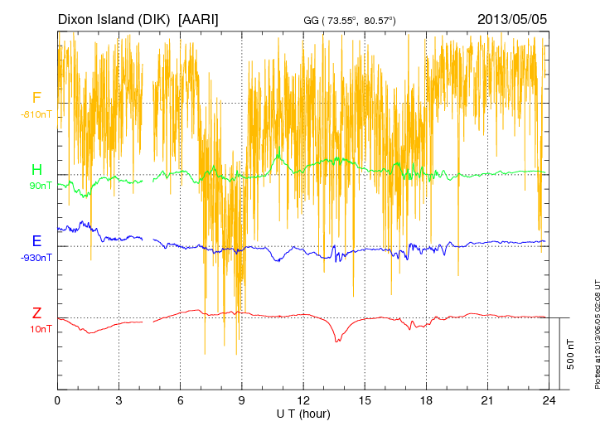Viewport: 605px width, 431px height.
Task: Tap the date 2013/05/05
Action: click(x=512, y=18)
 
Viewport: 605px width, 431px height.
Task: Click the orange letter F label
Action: click(x=36, y=99)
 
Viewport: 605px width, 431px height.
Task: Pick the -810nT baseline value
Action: click(x=37, y=114)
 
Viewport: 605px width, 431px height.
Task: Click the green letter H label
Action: click(x=36, y=170)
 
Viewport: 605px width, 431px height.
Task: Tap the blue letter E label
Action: click(x=36, y=241)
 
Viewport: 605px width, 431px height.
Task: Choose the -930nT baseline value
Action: click(x=37, y=257)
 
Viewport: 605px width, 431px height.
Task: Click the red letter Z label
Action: click(x=36, y=313)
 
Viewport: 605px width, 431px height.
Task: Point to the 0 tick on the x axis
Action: click(x=57, y=400)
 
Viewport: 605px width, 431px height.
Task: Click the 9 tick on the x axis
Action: click(x=242, y=400)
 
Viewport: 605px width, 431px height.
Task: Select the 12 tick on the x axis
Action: click(x=303, y=400)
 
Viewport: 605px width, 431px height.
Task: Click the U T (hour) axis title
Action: click(x=303, y=413)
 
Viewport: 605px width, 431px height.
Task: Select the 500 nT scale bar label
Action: click(x=571, y=354)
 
